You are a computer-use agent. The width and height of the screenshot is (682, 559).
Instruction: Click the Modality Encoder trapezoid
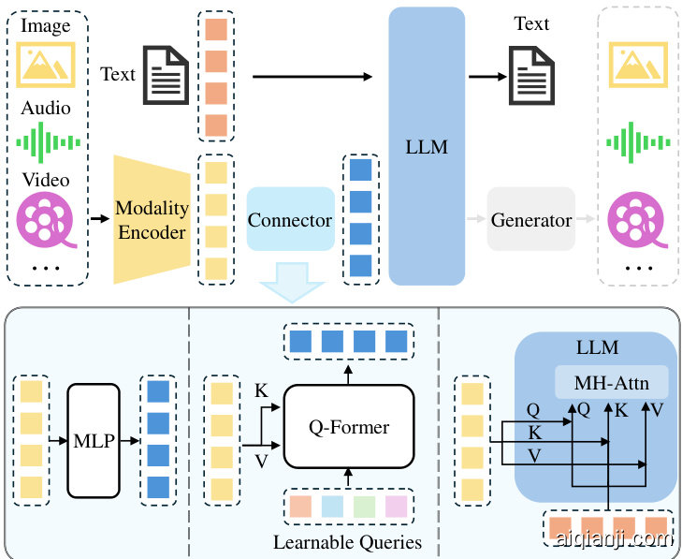(x=151, y=220)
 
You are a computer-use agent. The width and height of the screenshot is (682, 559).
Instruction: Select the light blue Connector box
(x=290, y=220)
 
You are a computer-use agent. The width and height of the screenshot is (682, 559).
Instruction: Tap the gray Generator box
(x=530, y=220)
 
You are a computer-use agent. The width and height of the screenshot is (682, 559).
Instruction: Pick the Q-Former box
(x=348, y=428)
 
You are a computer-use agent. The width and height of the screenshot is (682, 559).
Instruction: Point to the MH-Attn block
(x=611, y=381)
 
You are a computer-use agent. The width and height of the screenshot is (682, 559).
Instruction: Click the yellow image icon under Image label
(x=47, y=64)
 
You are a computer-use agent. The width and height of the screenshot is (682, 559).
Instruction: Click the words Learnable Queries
(x=347, y=542)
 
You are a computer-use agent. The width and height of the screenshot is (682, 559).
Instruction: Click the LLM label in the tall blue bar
(x=427, y=147)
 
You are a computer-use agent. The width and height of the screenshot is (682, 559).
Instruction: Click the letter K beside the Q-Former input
(x=260, y=389)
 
